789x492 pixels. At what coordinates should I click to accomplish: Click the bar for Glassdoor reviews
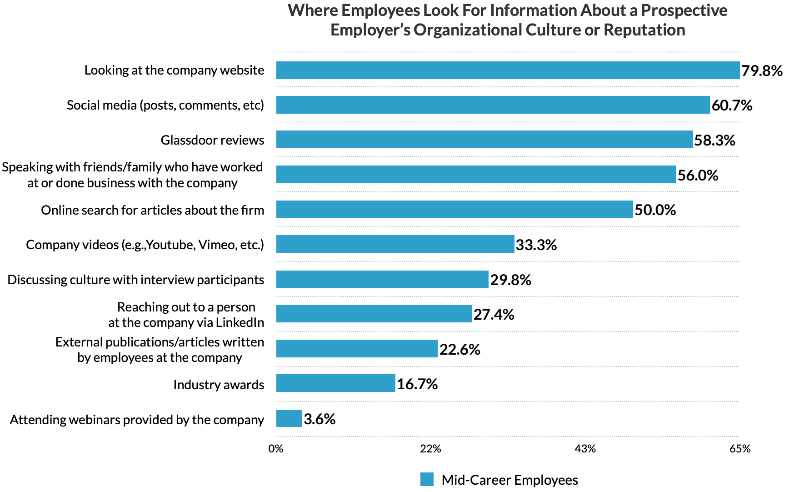coord(484,140)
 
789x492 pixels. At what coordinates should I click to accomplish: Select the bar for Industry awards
coord(335,383)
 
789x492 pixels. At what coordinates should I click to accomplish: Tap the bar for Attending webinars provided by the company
coord(289,418)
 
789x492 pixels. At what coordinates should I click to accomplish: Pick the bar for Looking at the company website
coord(508,70)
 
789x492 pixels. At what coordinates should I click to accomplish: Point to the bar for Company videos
coord(395,244)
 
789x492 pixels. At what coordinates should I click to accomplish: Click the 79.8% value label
coord(762,71)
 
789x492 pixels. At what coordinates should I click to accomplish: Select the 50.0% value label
coord(655,210)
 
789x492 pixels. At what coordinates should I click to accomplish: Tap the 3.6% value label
coord(320,419)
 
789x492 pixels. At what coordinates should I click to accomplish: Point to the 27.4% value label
coord(494,314)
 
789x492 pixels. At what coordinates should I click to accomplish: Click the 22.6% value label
coord(459,349)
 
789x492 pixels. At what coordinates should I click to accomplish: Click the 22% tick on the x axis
coord(430,449)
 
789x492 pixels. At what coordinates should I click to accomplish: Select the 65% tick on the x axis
coord(740,449)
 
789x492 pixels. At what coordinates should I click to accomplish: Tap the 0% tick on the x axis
coord(276,449)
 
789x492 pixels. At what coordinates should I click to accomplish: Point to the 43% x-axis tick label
coord(585,449)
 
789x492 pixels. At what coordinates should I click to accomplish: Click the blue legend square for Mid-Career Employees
coord(427,479)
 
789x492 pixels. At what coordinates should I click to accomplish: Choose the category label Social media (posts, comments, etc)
coord(165,105)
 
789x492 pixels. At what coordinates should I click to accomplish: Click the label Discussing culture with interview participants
coord(136,280)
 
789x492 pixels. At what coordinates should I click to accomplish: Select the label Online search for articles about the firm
coord(153,210)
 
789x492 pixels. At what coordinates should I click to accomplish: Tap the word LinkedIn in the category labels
coord(240,322)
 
